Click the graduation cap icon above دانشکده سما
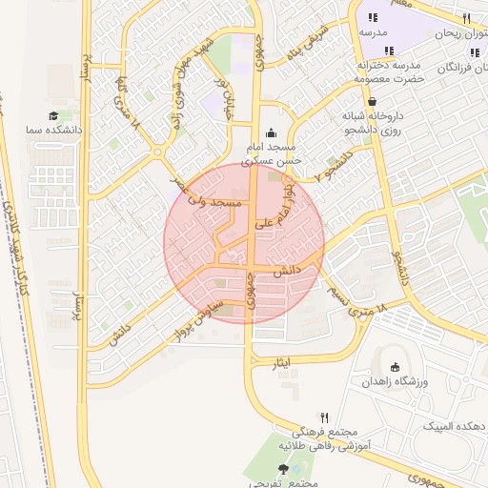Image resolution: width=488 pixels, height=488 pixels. [x=54, y=115]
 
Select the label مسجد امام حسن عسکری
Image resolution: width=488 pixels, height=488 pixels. [x=273, y=155]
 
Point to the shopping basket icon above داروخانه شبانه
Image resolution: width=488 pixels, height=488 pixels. [x=371, y=101]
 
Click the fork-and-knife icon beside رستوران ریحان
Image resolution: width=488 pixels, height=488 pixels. [x=466, y=18]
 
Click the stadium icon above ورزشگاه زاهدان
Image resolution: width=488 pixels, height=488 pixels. [x=395, y=367]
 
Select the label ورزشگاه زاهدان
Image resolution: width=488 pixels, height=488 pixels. [x=396, y=381]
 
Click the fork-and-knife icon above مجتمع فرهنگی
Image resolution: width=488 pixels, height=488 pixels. [x=324, y=417]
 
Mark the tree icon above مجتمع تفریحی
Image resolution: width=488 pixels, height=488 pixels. [x=282, y=469]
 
